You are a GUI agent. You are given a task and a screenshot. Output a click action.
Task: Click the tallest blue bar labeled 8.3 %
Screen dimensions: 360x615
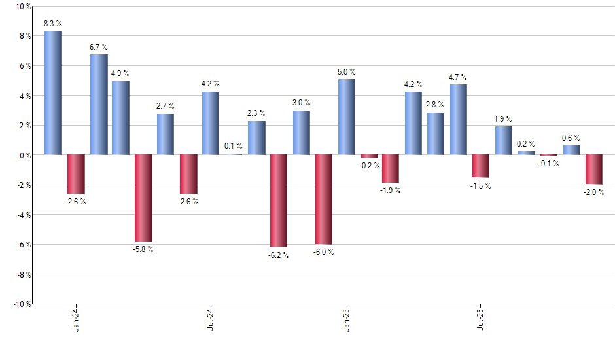click(54, 93)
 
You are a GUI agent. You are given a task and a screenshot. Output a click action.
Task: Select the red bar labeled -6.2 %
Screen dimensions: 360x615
click(279, 200)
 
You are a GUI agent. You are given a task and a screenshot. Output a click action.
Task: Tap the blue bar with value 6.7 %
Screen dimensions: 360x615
click(99, 105)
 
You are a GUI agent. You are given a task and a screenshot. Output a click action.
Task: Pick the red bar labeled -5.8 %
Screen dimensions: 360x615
click(143, 198)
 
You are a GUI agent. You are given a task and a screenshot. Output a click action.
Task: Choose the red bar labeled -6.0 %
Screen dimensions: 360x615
click(324, 199)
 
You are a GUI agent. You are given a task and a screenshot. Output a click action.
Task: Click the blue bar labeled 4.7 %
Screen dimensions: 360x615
click(458, 120)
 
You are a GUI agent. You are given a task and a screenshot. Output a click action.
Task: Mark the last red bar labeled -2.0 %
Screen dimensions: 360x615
click(594, 170)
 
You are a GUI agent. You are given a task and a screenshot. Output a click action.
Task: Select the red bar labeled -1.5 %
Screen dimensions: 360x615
click(481, 166)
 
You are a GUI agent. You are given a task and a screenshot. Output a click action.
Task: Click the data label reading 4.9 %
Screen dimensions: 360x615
click(120, 73)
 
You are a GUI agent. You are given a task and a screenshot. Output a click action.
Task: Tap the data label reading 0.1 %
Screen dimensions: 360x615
click(234, 146)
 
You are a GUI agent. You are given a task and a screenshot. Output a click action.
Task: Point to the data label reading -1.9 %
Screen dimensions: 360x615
click(391, 190)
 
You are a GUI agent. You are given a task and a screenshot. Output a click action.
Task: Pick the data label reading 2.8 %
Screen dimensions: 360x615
click(436, 105)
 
